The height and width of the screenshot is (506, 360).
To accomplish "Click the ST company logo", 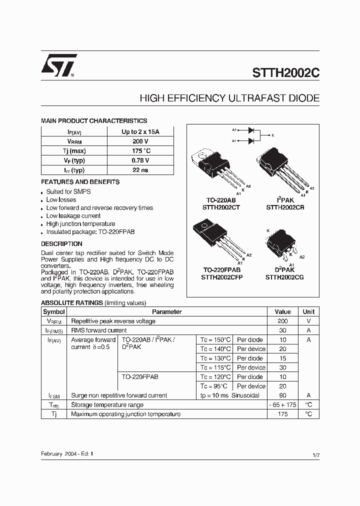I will [58, 65].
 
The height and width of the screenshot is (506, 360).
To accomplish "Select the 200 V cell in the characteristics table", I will [140, 141].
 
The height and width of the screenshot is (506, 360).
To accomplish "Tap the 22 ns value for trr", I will [140, 170].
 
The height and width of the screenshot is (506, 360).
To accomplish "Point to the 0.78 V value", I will [140, 160].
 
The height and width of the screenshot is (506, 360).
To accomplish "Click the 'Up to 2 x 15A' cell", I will [140, 132].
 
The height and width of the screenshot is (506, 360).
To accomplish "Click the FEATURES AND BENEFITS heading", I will [80, 182].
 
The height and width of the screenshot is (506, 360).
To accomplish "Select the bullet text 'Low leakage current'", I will [73, 216].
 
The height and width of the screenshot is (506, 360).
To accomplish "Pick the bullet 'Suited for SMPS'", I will [68, 192].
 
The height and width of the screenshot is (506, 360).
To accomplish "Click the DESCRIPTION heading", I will [61, 244].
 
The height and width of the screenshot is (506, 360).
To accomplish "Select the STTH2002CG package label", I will [284, 277].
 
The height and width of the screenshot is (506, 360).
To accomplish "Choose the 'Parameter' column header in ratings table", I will [166, 311].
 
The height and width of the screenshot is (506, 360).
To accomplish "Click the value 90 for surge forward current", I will [282, 395].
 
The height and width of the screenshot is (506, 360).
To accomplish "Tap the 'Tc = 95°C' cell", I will [214, 386].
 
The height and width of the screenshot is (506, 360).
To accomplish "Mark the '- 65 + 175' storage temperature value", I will [282, 405].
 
